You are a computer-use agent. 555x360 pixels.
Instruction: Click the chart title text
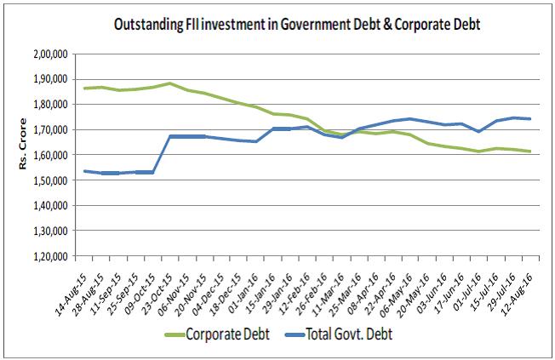pos(297,25)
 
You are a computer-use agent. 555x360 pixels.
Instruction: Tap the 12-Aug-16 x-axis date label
pos(517,285)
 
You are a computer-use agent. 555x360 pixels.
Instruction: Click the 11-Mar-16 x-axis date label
pos(326,285)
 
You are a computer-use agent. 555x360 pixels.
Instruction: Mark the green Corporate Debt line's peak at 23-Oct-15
pos(170,83)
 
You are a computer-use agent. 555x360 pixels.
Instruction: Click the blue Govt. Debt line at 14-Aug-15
pos(84,171)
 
